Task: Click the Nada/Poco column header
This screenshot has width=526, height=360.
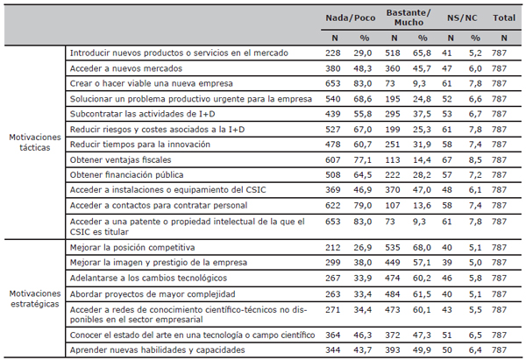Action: [x=350, y=18]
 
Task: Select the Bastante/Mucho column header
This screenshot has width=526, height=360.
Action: [x=409, y=18]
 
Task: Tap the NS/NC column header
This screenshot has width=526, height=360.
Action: [x=462, y=18]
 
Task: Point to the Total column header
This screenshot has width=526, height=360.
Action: [x=504, y=18]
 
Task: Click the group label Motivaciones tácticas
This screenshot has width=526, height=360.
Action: [x=35, y=143]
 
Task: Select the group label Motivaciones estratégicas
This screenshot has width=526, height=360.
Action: [x=35, y=299]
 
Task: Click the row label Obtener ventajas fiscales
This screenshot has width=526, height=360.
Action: [x=120, y=160]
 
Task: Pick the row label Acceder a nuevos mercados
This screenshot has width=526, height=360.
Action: [x=125, y=68]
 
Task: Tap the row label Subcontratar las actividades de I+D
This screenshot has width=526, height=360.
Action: [x=142, y=114]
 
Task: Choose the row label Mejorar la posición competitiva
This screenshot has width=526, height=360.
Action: [x=132, y=248]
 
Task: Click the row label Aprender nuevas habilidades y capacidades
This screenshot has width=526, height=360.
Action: [x=157, y=350]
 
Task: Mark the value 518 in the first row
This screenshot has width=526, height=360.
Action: [x=393, y=53]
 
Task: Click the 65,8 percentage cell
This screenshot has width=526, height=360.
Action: [x=422, y=53]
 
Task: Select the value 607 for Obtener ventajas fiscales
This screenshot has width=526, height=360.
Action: [x=333, y=160]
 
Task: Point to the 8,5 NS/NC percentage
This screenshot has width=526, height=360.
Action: [x=475, y=160]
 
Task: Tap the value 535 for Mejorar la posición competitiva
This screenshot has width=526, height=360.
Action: [x=393, y=248]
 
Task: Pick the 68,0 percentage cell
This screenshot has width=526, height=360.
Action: [x=422, y=248]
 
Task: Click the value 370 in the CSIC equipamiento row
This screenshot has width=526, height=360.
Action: [x=393, y=190]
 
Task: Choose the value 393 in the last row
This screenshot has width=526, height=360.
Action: [x=393, y=350]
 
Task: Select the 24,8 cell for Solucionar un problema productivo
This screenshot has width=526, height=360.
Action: [x=422, y=99]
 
